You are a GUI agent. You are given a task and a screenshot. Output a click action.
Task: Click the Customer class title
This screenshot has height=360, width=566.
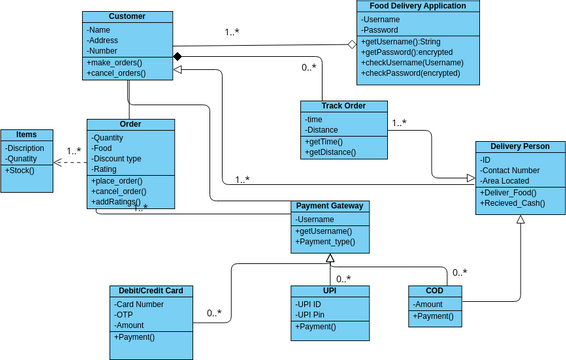tap(127, 17)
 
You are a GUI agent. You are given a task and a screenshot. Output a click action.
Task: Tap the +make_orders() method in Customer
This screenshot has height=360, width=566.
tap(115, 62)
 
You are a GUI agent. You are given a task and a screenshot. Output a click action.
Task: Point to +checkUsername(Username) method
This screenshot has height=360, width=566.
tap(414, 62)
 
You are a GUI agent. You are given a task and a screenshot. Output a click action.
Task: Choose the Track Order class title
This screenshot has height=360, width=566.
tap(343, 106)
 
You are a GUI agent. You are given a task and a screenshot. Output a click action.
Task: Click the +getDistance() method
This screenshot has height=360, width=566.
tap(331, 152)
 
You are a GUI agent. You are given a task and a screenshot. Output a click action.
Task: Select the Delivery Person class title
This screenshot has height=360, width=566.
tap(520, 146)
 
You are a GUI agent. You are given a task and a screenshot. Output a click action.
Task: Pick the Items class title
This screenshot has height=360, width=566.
tap(27, 135)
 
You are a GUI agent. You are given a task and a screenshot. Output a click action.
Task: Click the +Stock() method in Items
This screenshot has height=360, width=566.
tap(20, 170)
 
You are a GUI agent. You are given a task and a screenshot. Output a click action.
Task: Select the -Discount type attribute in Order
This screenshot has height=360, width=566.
tap(116, 158)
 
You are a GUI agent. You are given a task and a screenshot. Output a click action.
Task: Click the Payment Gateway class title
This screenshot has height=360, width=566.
tap(330, 206)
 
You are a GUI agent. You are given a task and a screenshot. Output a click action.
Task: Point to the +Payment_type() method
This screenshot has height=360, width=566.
tap(328, 242)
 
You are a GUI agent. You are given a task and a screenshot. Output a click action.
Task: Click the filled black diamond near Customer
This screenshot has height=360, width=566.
tap(176, 56)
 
